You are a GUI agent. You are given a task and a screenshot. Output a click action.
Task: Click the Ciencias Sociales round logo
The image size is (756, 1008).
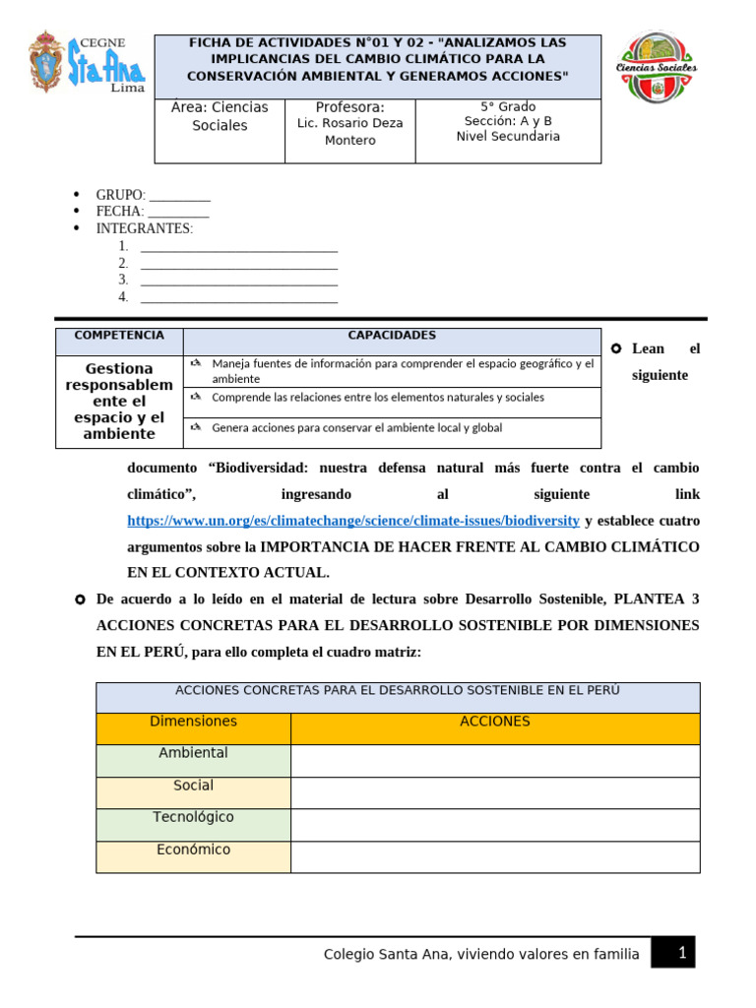click(656, 67)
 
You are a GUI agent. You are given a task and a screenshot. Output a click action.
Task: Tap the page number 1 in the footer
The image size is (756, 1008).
click(680, 953)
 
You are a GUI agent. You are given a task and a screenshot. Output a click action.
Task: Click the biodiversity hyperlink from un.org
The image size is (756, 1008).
click(353, 520)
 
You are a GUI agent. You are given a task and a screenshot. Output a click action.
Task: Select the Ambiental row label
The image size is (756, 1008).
click(193, 753)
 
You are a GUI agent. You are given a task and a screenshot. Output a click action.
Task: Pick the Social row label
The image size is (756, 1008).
click(193, 786)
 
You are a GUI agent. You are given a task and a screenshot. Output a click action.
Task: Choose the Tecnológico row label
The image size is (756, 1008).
click(193, 817)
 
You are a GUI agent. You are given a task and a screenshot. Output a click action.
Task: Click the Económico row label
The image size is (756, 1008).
click(193, 850)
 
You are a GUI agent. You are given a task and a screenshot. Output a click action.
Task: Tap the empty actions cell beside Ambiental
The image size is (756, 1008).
click(495, 761)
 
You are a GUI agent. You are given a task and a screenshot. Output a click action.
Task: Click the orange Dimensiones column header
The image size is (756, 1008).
click(193, 722)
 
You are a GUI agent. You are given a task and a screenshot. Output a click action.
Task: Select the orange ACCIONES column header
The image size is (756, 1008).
click(495, 722)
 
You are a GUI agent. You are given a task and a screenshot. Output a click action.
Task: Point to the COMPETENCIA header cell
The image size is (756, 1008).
click(119, 336)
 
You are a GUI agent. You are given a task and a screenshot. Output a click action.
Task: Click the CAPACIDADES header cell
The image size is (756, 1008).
click(392, 336)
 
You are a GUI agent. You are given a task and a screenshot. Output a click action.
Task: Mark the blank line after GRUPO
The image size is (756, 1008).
click(179, 196)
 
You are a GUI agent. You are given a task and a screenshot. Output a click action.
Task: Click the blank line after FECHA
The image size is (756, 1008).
click(178, 213)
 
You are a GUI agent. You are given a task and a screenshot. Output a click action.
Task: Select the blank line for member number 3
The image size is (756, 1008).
click(239, 281)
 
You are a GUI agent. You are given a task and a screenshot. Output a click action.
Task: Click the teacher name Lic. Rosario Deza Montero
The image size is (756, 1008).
click(349, 132)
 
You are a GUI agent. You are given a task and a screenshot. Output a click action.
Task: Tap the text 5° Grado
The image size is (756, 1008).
click(508, 106)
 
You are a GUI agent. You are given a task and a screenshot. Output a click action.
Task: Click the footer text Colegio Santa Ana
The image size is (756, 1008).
click(481, 954)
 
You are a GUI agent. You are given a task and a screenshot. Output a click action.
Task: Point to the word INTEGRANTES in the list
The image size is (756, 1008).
click(144, 228)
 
